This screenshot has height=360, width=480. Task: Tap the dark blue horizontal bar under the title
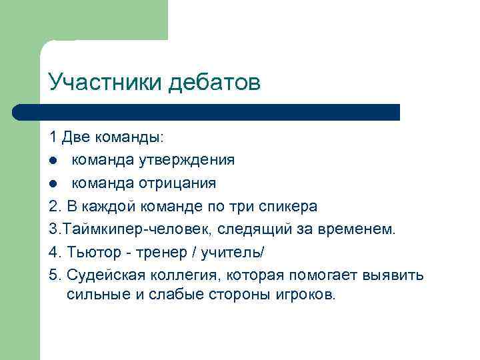coord(207,112)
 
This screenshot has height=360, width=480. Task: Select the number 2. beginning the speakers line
coord(54,205)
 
